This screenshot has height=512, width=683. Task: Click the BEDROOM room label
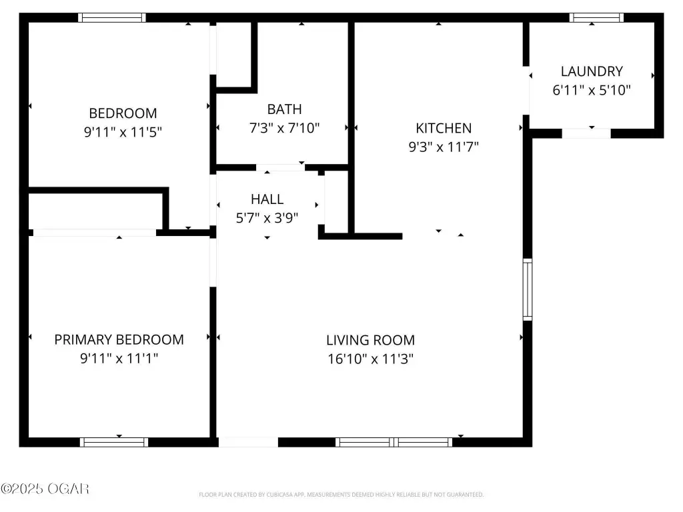[x=123, y=113]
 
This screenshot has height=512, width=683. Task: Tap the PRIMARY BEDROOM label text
[x=119, y=339]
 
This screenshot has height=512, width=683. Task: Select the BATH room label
[x=284, y=109]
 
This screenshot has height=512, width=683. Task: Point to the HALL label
[x=267, y=199]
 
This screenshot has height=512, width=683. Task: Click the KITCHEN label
[x=444, y=128]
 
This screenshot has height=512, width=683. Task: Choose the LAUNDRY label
[x=592, y=71]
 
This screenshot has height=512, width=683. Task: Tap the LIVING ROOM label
[x=370, y=340]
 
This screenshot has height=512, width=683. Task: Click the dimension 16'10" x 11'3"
[x=370, y=359]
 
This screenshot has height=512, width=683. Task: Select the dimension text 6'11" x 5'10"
[x=592, y=90]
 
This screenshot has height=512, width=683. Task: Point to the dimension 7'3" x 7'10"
[x=284, y=128]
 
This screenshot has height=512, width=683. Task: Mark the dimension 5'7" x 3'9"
[x=267, y=218]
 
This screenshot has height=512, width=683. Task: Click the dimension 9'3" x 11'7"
[x=444, y=147]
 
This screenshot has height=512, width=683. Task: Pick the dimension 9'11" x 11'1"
[x=119, y=358]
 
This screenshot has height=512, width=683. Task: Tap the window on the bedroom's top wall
[x=112, y=17]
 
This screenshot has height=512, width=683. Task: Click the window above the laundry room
[x=596, y=17]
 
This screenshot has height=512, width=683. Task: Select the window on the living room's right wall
[x=528, y=289]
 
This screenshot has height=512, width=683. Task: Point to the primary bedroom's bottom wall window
[x=114, y=443]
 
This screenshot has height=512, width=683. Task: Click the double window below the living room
[x=394, y=443]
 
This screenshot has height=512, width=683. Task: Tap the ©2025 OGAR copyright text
[x=45, y=489]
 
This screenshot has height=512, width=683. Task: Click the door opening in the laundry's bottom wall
[x=586, y=133]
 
